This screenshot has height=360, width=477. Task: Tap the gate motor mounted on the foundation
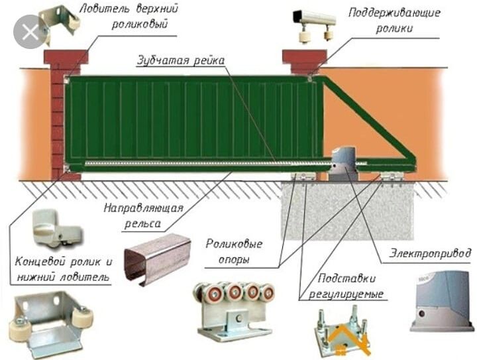click(343, 161)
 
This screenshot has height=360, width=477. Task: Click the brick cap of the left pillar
click(66, 56)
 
